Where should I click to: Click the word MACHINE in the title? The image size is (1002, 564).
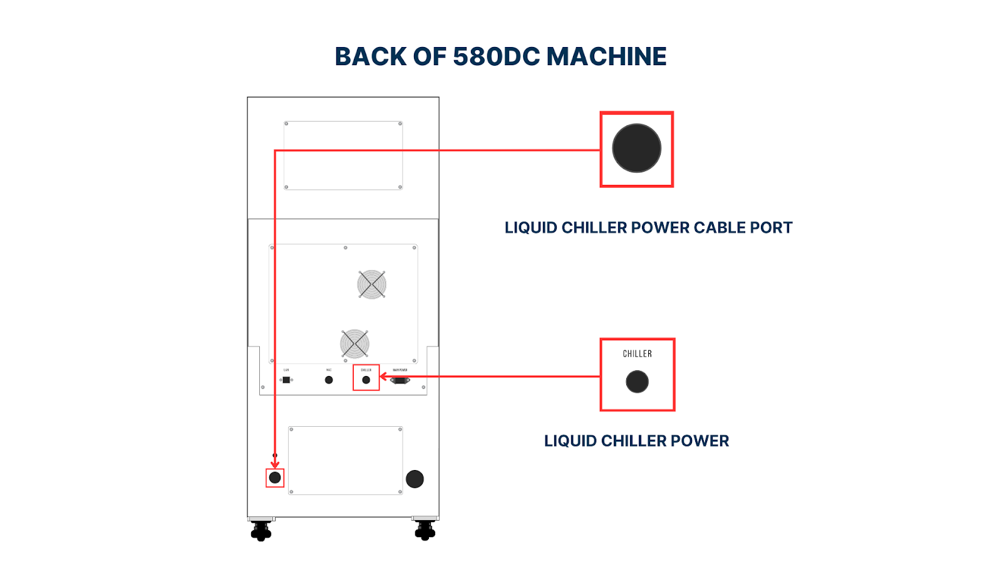tap(606, 57)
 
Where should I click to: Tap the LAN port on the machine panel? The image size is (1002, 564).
tap(286, 380)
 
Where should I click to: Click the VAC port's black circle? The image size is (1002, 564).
tap(329, 380)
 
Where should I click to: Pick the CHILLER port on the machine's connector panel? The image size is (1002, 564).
tap(366, 380)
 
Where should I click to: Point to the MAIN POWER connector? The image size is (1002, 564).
tap(400, 380)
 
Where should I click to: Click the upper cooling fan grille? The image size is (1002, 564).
tap(371, 285)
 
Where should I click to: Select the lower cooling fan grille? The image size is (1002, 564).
tap(354, 344)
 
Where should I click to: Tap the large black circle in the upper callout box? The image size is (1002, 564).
tap(636, 149)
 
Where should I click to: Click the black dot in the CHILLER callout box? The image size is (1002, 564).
tap(637, 382)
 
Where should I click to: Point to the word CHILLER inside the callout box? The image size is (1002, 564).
tap(637, 354)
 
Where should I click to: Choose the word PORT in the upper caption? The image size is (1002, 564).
tap(770, 228)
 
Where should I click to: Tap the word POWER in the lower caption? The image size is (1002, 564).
tap(700, 441)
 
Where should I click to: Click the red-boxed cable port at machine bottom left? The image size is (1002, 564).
tap(275, 478)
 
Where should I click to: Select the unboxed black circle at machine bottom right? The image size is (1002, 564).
tap(415, 479)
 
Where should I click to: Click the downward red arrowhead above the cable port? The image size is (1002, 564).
tap(275, 464)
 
